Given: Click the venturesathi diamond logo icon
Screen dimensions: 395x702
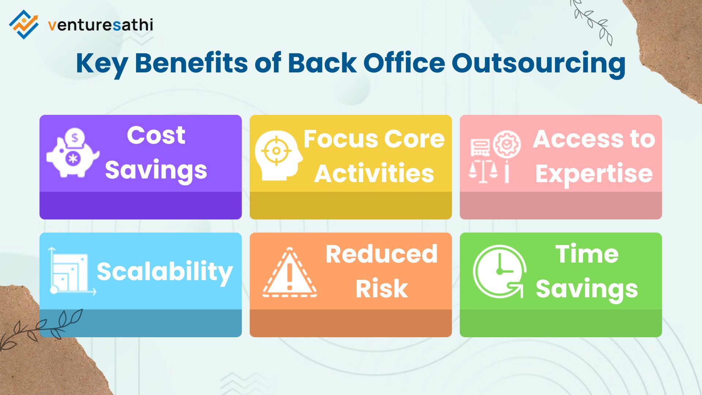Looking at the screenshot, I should click(23, 24).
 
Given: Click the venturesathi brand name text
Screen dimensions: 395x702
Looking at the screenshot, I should click(100, 25).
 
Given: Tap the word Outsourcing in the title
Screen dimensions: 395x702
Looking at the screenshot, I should click(538, 63).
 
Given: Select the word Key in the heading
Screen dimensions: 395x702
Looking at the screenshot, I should click(101, 63).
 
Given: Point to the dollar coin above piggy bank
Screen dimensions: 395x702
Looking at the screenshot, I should click(75, 138).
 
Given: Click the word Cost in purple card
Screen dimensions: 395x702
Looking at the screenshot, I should click(156, 135).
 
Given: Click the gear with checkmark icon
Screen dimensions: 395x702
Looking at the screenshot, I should click(507, 144).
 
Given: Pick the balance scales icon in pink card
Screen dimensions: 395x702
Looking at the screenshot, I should click(483, 170).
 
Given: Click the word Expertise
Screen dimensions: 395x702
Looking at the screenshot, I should click(594, 173).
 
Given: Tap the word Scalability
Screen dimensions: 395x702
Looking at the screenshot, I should click(165, 272).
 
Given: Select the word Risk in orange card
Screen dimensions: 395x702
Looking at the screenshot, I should click(381, 289).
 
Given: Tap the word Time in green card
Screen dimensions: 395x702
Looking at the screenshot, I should click(587, 254).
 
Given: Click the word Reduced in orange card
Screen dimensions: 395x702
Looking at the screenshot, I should click(381, 254).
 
